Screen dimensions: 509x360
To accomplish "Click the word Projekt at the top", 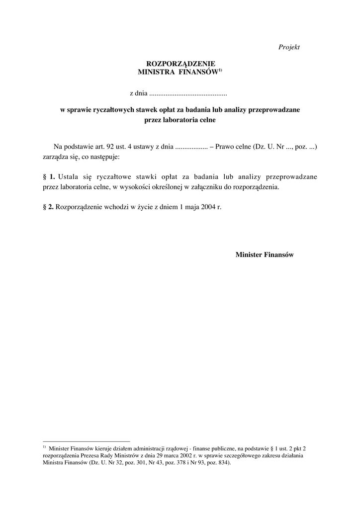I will point(289,47).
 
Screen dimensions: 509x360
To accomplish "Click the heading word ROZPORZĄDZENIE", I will point(180,64).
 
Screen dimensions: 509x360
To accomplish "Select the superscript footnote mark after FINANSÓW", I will point(219,70).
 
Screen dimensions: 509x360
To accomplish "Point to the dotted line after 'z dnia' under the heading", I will point(188,93).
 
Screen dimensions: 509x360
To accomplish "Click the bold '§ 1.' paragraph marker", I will point(49,176).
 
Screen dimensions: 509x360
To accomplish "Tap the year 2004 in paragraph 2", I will point(209,206).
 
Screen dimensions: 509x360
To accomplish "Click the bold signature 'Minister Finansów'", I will point(265,254).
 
